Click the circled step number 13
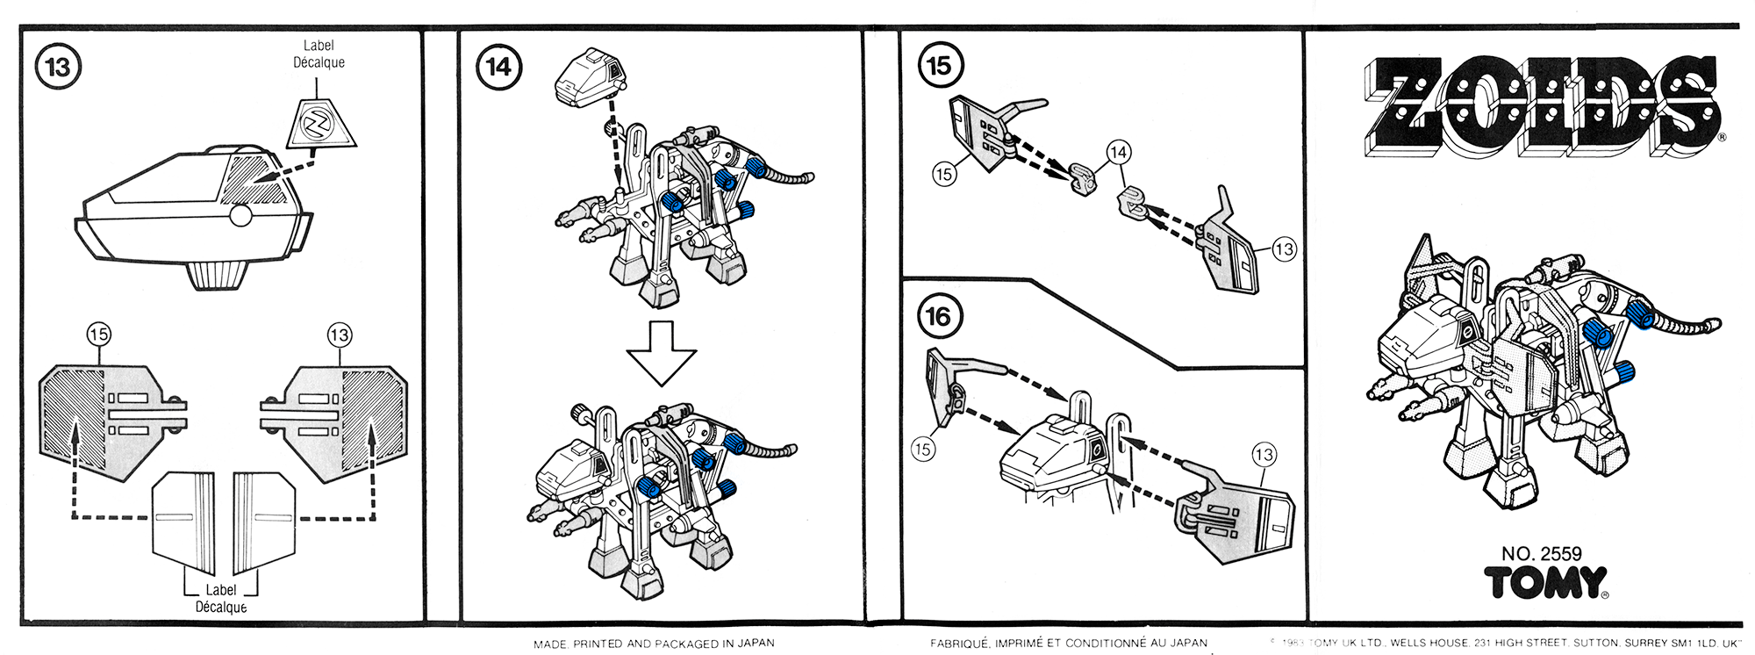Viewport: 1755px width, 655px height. [57, 68]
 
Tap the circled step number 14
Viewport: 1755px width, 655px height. [498, 68]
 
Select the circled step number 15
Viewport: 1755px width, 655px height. [939, 66]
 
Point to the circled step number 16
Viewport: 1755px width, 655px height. [939, 317]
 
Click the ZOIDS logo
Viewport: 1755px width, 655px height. [1542, 106]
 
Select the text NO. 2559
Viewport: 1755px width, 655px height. [1541, 553]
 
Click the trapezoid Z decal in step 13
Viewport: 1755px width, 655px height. [318, 124]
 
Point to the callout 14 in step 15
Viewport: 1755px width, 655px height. [1118, 152]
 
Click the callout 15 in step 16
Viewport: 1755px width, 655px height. [922, 450]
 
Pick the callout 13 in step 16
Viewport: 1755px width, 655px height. [1264, 455]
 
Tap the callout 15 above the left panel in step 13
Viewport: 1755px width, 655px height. [98, 335]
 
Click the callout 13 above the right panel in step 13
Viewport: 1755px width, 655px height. [339, 335]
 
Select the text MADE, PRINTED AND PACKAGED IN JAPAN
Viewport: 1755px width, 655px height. [654, 644]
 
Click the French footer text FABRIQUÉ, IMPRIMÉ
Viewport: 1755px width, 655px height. [1068, 644]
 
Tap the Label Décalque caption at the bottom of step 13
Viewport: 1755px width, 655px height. [221, 599]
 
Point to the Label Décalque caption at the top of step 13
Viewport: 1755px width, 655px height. [319, 54]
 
